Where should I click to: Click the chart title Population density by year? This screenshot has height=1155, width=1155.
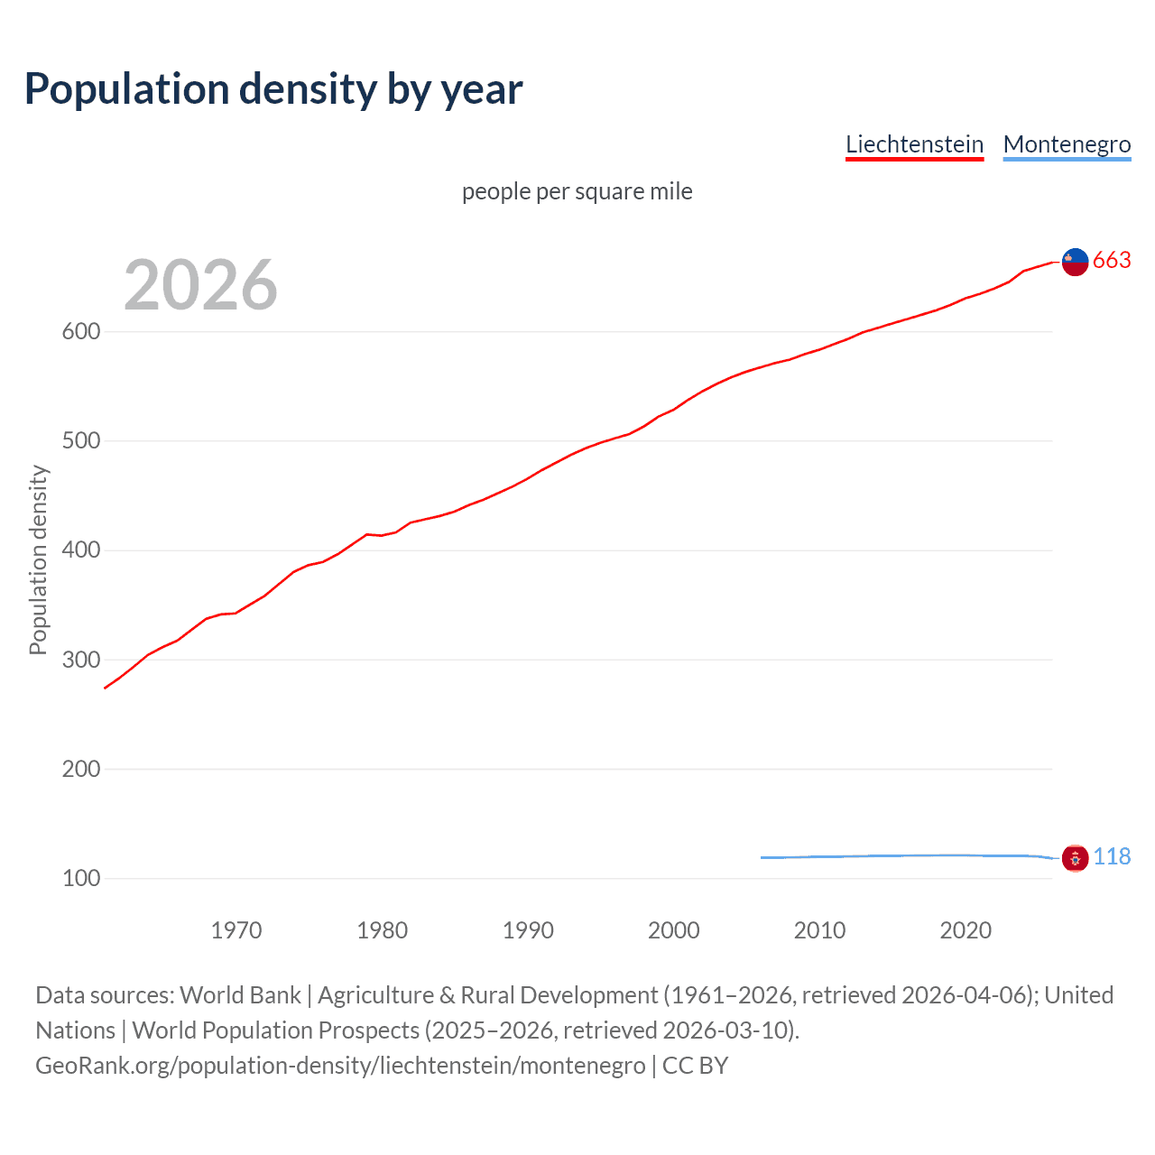click(273, 89)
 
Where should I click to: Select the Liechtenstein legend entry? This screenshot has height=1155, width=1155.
click(914, 144)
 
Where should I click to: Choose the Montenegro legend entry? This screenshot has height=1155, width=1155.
click(1067, 144)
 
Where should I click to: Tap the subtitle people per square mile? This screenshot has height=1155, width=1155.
click(577, 191)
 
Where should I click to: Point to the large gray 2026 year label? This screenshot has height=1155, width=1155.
click(200, 285)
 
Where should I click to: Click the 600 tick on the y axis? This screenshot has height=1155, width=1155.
click(81, 332)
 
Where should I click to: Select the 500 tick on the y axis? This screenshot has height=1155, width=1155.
click(81, 441)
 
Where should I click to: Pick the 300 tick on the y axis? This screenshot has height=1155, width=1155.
click(81, 660)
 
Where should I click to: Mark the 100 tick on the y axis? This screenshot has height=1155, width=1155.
click(81, 878)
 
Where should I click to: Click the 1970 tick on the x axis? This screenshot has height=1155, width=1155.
click(236, 930)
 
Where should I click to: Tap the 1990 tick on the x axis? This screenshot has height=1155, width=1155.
click(528, 930)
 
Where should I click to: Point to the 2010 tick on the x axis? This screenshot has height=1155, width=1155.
click(819, 930)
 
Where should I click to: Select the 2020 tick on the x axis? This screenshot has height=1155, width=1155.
click(966, 930)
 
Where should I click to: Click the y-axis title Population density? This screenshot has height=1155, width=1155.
click(38, 559)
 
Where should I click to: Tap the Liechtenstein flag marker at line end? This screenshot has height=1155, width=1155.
click(1075, 262)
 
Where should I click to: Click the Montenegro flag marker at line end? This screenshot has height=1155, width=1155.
click(1075, 858)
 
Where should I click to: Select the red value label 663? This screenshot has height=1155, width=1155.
click(1112, 261)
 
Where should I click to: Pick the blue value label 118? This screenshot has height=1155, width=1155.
click(1112, 857)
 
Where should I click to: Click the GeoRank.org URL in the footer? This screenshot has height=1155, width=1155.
click(340, 1066)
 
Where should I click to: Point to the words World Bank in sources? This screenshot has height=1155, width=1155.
click(240, 995)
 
